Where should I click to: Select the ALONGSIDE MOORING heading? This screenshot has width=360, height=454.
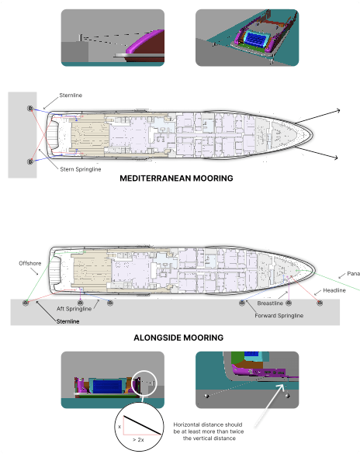click(x=178, y=338)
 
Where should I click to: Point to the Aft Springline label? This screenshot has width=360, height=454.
click(x=75, y=309)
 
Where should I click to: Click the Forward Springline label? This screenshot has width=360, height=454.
click(x=279, y=316)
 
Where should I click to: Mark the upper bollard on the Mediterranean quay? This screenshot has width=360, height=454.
click(x=30, y=109)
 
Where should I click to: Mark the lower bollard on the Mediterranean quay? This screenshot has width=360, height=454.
click(x=30, y=161)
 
